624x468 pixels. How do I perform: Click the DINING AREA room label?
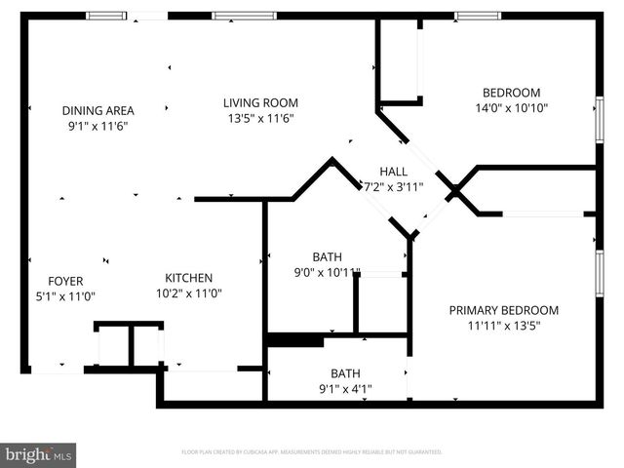[97, 110]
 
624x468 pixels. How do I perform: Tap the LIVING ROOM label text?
[260, 102]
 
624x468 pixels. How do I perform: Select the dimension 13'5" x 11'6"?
[260, 118]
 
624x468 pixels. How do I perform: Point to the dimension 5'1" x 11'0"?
[65, 296]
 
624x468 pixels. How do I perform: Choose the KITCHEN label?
[188, 278]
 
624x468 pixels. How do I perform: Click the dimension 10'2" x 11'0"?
[188, 293]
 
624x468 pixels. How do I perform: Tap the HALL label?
[394, 171]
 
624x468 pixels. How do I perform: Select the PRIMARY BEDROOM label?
[504, 310]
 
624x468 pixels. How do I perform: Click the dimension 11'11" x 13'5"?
[504, 327]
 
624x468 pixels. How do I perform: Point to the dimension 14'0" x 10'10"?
[512, 108]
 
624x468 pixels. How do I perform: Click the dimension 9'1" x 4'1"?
[345, 388]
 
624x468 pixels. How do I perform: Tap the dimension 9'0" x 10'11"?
[328, 273]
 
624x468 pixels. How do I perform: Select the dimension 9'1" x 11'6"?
[97, 126]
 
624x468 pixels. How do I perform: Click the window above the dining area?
[106, 16]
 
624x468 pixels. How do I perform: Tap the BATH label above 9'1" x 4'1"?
[345, 372]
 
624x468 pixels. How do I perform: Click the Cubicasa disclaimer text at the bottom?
[312, 452]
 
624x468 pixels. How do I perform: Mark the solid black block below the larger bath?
[294, 340]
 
